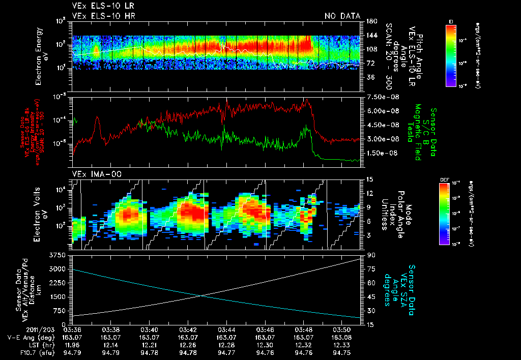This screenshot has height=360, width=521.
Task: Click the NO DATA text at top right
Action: pyautogui.click(x=342, y=16)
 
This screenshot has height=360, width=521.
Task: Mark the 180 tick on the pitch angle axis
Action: pyautogui.click(x=370, y=21)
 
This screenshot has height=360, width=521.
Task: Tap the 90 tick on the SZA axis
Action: pyautogui.click(x=371, y=254)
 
